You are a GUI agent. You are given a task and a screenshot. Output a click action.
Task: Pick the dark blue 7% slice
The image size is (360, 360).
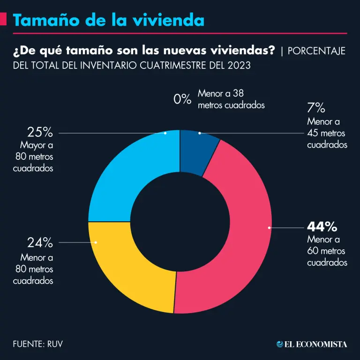197,150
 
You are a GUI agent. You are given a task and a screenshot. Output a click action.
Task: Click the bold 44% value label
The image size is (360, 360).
322,227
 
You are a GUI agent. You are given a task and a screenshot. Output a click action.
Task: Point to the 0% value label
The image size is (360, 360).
182,99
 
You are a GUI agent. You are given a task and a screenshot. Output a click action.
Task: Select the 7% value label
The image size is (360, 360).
316,108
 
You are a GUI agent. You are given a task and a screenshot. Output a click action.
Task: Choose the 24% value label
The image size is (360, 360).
40,243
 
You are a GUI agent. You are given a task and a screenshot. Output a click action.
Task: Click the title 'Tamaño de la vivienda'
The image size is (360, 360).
108,20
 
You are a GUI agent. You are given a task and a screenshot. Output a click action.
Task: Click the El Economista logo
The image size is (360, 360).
312,344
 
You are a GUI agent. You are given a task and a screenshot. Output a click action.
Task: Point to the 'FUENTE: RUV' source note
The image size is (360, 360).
38,344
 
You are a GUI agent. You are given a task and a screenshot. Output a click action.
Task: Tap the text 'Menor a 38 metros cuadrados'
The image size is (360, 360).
231,99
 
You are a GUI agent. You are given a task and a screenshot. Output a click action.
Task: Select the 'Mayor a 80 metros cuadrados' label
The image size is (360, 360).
33,157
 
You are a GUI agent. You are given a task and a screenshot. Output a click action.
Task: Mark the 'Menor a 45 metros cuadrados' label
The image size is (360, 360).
327,133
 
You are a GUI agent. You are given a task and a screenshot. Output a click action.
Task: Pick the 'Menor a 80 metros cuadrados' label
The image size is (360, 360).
33,269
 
